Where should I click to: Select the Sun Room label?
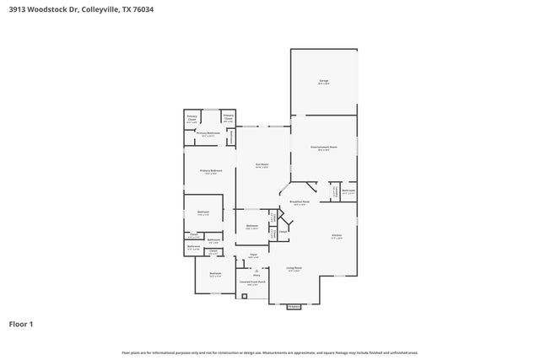[263, 165]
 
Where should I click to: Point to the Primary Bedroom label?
[210, 171]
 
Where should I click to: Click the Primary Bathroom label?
[208, 133]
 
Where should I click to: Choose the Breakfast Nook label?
[300, 202]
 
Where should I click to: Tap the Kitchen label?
[337, 237]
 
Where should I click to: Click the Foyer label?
[252, 256]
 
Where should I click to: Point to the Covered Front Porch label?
[252, 282]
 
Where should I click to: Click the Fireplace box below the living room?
[294, 307]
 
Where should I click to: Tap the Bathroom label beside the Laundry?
[348, 191]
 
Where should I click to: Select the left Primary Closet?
[192, 120]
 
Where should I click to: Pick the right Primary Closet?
[229, 120]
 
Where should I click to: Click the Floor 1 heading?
[20, 324]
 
